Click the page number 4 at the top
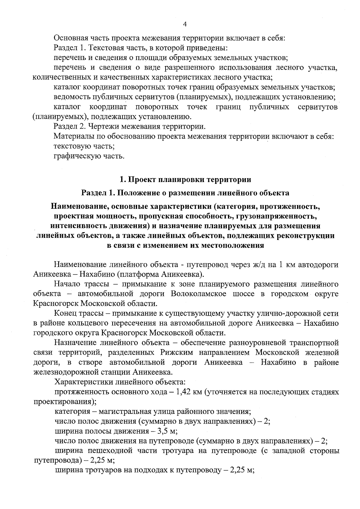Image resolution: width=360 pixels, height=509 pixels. click(x=184, y=25)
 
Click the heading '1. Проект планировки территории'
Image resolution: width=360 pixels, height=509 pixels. click(x=185, y=180)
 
